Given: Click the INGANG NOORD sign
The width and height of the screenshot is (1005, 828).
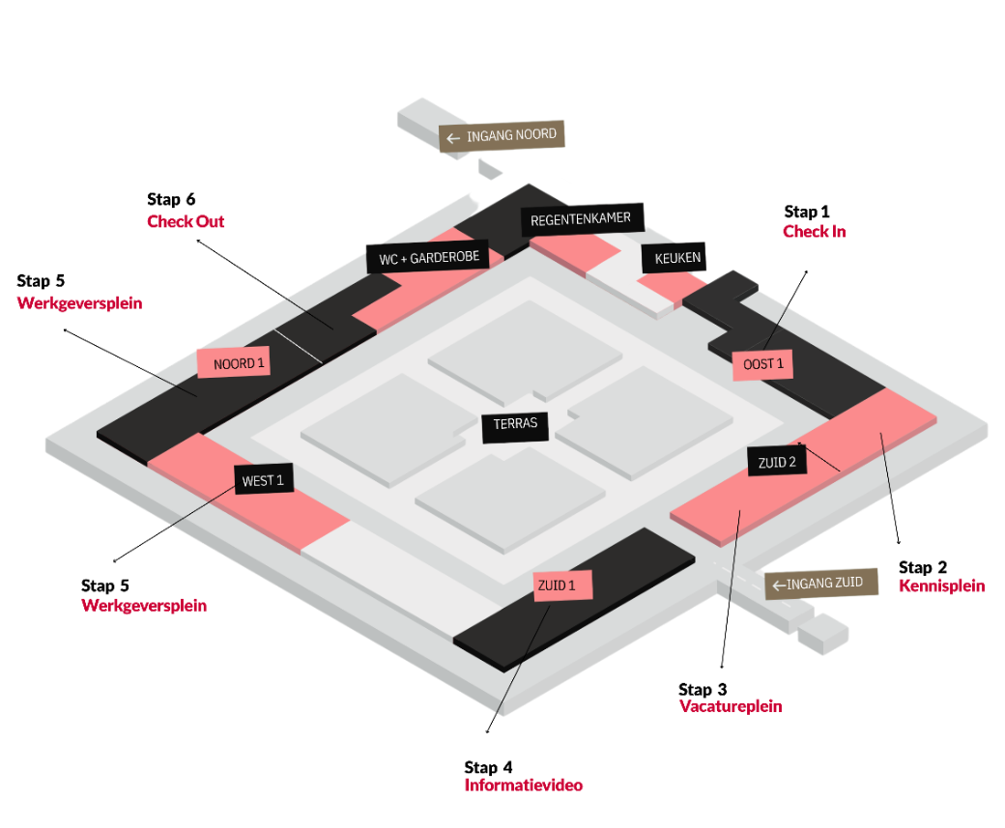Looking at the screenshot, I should coord(502,136).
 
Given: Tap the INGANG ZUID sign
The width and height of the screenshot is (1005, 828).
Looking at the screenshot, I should coord(821,584).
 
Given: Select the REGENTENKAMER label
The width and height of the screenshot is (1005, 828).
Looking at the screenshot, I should coord(581,219).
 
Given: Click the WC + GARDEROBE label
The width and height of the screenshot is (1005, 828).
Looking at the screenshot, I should coord(428,258).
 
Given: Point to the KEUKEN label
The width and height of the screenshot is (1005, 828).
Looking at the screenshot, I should coord(673,258).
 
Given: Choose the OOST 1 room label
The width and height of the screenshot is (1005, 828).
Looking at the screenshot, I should coord(763,364).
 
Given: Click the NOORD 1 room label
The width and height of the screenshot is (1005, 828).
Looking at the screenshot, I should coord(232,362).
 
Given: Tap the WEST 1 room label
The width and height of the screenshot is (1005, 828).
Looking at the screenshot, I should coord(263,479).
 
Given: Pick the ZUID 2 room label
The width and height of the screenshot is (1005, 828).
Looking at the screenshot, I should coord(777,462).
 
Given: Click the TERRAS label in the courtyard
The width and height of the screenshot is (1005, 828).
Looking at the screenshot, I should coord(515,423).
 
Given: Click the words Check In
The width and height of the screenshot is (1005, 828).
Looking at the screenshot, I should coord(814,232).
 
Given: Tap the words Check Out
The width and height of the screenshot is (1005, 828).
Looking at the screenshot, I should coord(186,222).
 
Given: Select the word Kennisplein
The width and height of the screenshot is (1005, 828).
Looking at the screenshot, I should coord(941,585).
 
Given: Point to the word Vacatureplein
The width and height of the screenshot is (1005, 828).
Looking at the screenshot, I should coord(730,706).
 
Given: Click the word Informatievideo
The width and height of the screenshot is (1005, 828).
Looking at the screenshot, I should coord(523,785).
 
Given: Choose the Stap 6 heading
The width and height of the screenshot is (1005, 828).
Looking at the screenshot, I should coord(171,200).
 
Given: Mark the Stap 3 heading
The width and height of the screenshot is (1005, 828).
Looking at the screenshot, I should coord(703,689).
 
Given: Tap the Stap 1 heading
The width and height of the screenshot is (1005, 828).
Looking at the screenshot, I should coord(807,212).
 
